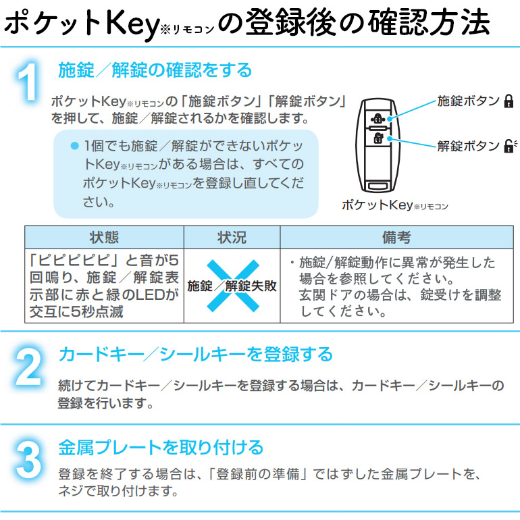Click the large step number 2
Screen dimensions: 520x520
coord(28,369)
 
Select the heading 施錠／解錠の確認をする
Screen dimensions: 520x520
coord(155,70)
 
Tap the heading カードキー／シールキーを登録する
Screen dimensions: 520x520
coord(195,355)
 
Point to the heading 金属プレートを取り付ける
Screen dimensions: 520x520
coord(160,447)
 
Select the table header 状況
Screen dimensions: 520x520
coord(232,238)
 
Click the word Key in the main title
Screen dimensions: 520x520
coord(126,24)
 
